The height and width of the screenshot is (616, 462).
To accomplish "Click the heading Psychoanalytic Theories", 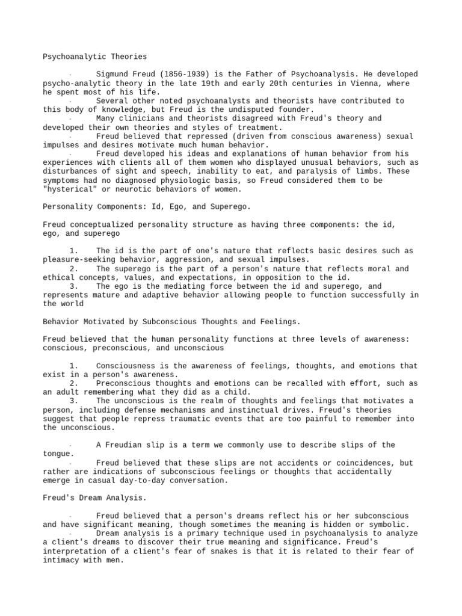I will coord(94,57).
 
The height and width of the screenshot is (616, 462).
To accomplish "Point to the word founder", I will coord(295,110).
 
